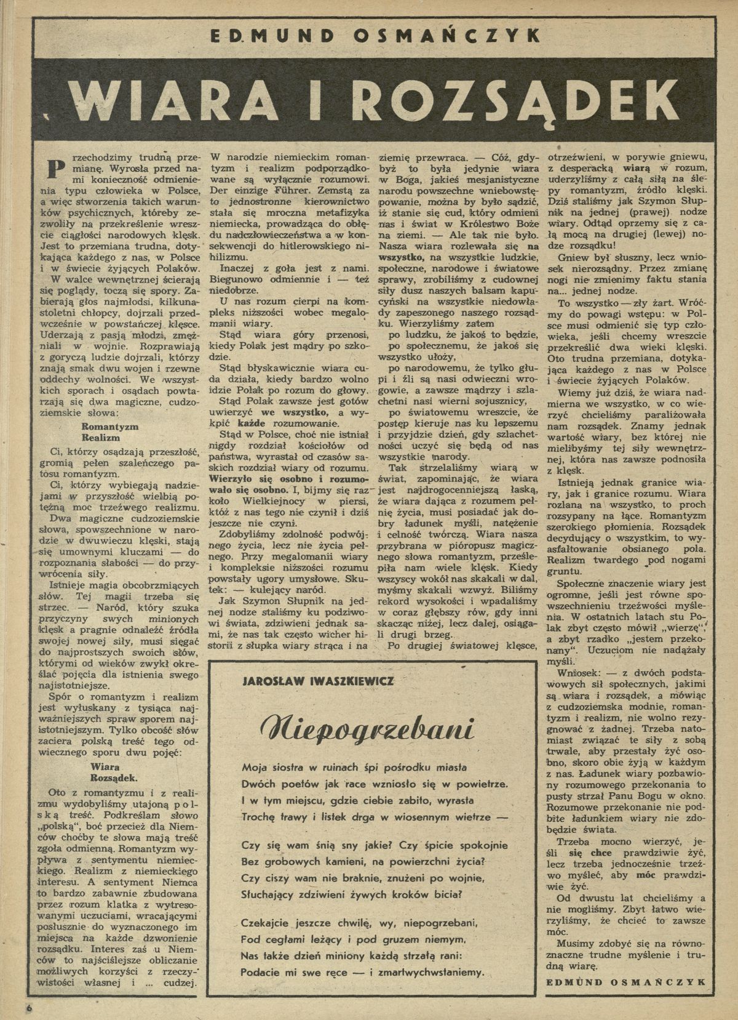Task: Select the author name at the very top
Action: (368, 38)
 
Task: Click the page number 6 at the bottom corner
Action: (28, 1009)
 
